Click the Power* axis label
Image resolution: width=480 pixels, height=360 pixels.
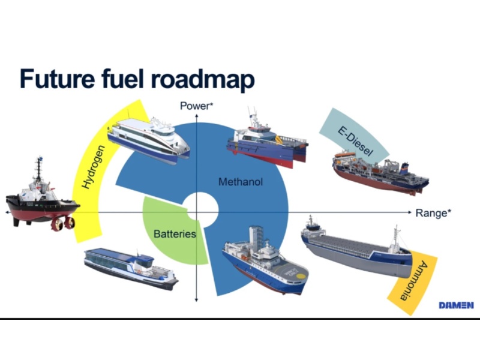coord(196,106)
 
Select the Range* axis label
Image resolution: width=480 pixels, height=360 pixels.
coord(433,213)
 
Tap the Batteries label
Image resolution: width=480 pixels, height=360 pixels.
coord(175,233)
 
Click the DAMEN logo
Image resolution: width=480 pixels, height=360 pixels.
coord(455,305)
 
